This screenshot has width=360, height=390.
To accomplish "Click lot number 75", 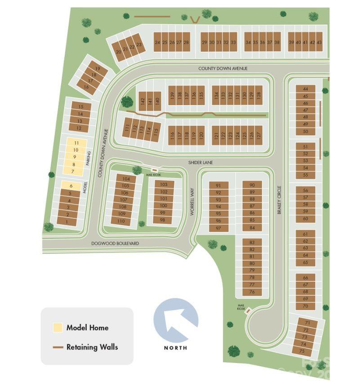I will click(x=302, y=350).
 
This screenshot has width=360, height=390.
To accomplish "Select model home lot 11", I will click(x=76, y=143).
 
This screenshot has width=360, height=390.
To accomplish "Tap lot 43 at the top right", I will click(x=319, y=42).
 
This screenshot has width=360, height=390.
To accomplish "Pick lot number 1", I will click(x=67, y=222).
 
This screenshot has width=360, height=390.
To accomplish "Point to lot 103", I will click(x=164, y=184).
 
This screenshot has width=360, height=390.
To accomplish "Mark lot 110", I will click(x=121, y=221).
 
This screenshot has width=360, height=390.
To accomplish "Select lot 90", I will click(x=252, y=185).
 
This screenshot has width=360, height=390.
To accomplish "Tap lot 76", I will click(x=252, y=292).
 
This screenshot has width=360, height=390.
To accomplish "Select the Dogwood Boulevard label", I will click(x=115, y=243).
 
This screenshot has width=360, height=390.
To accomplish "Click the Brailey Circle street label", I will click(x=279, y=199).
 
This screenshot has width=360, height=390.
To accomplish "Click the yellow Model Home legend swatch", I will click(x=58, y=328).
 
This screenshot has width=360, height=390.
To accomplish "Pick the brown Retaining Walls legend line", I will click(x=58, y=347).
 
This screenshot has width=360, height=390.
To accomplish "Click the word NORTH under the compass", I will click(x=176, y=347).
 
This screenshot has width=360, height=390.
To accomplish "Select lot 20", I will click(x=119, y=52).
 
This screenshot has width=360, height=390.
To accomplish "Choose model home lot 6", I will click(x=71, y=186).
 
